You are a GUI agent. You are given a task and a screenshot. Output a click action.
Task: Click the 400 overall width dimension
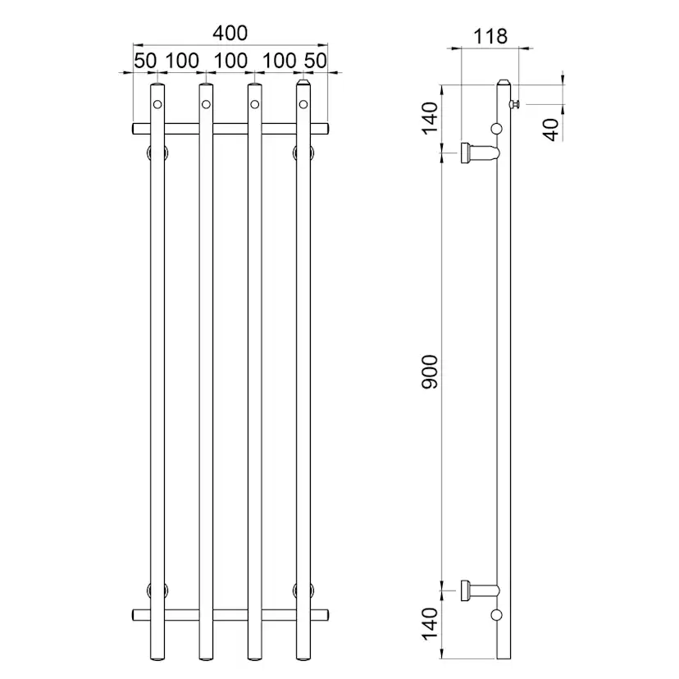[230, 34]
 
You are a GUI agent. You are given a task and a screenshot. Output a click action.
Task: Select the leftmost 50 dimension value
[145, 62]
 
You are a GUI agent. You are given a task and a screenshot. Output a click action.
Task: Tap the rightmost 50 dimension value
[315, 62]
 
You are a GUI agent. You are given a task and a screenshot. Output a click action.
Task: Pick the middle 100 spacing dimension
[230, 62]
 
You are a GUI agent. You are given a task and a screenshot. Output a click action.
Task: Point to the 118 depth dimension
[490, 37]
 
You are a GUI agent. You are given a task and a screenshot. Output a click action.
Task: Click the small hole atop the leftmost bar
[157, 104]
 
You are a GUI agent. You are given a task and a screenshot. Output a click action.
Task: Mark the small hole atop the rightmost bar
[303, 104]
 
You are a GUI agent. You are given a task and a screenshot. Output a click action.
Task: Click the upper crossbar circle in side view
[496, 128]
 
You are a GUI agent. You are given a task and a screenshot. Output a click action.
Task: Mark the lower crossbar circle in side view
[496, 614]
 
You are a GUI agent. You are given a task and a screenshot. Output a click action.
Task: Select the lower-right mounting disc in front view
[303, 589]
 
